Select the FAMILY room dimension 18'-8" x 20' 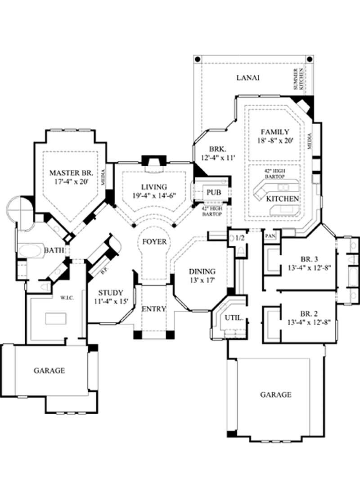click(x=274, y=141)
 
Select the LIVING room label click(x=153, y=186)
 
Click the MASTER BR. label click(x=71, y=172)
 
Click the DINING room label click(x=202, y=272)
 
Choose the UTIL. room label click(x=234, y=317)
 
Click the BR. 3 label click(x=310, y=259)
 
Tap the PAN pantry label click(x=270, y=235)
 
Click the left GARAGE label click(x=49, y=371)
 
